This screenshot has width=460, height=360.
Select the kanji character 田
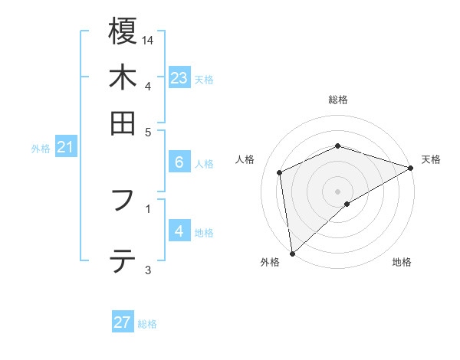(x=123, y=123)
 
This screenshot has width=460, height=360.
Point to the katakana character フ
(x=123, y=201)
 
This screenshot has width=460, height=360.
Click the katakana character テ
(x=123, y=261)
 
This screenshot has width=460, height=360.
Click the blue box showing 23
(x=179, y=78)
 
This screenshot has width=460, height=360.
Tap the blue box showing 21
(x=65, y=146)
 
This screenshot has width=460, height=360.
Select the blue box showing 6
(x=179, y=162)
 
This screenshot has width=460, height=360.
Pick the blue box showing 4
(x=179, y=231)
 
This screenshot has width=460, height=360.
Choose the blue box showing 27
(x=123, y=322)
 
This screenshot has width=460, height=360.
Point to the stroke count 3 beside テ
(x=148, y=270)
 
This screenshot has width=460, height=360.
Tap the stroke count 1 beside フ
(x=148, y=207)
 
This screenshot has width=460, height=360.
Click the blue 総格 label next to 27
(x=147, y=324)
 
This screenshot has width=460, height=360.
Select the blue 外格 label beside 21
(x=41, y=149)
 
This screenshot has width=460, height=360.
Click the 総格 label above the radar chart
(x=338, y=100)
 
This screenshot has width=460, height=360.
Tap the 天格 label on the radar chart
(x=431, y=159)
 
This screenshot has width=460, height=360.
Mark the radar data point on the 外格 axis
(x=292, y=254)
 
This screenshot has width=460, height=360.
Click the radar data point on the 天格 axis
(x=411, y=169)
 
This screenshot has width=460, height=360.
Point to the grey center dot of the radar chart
(x=338, y=191)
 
